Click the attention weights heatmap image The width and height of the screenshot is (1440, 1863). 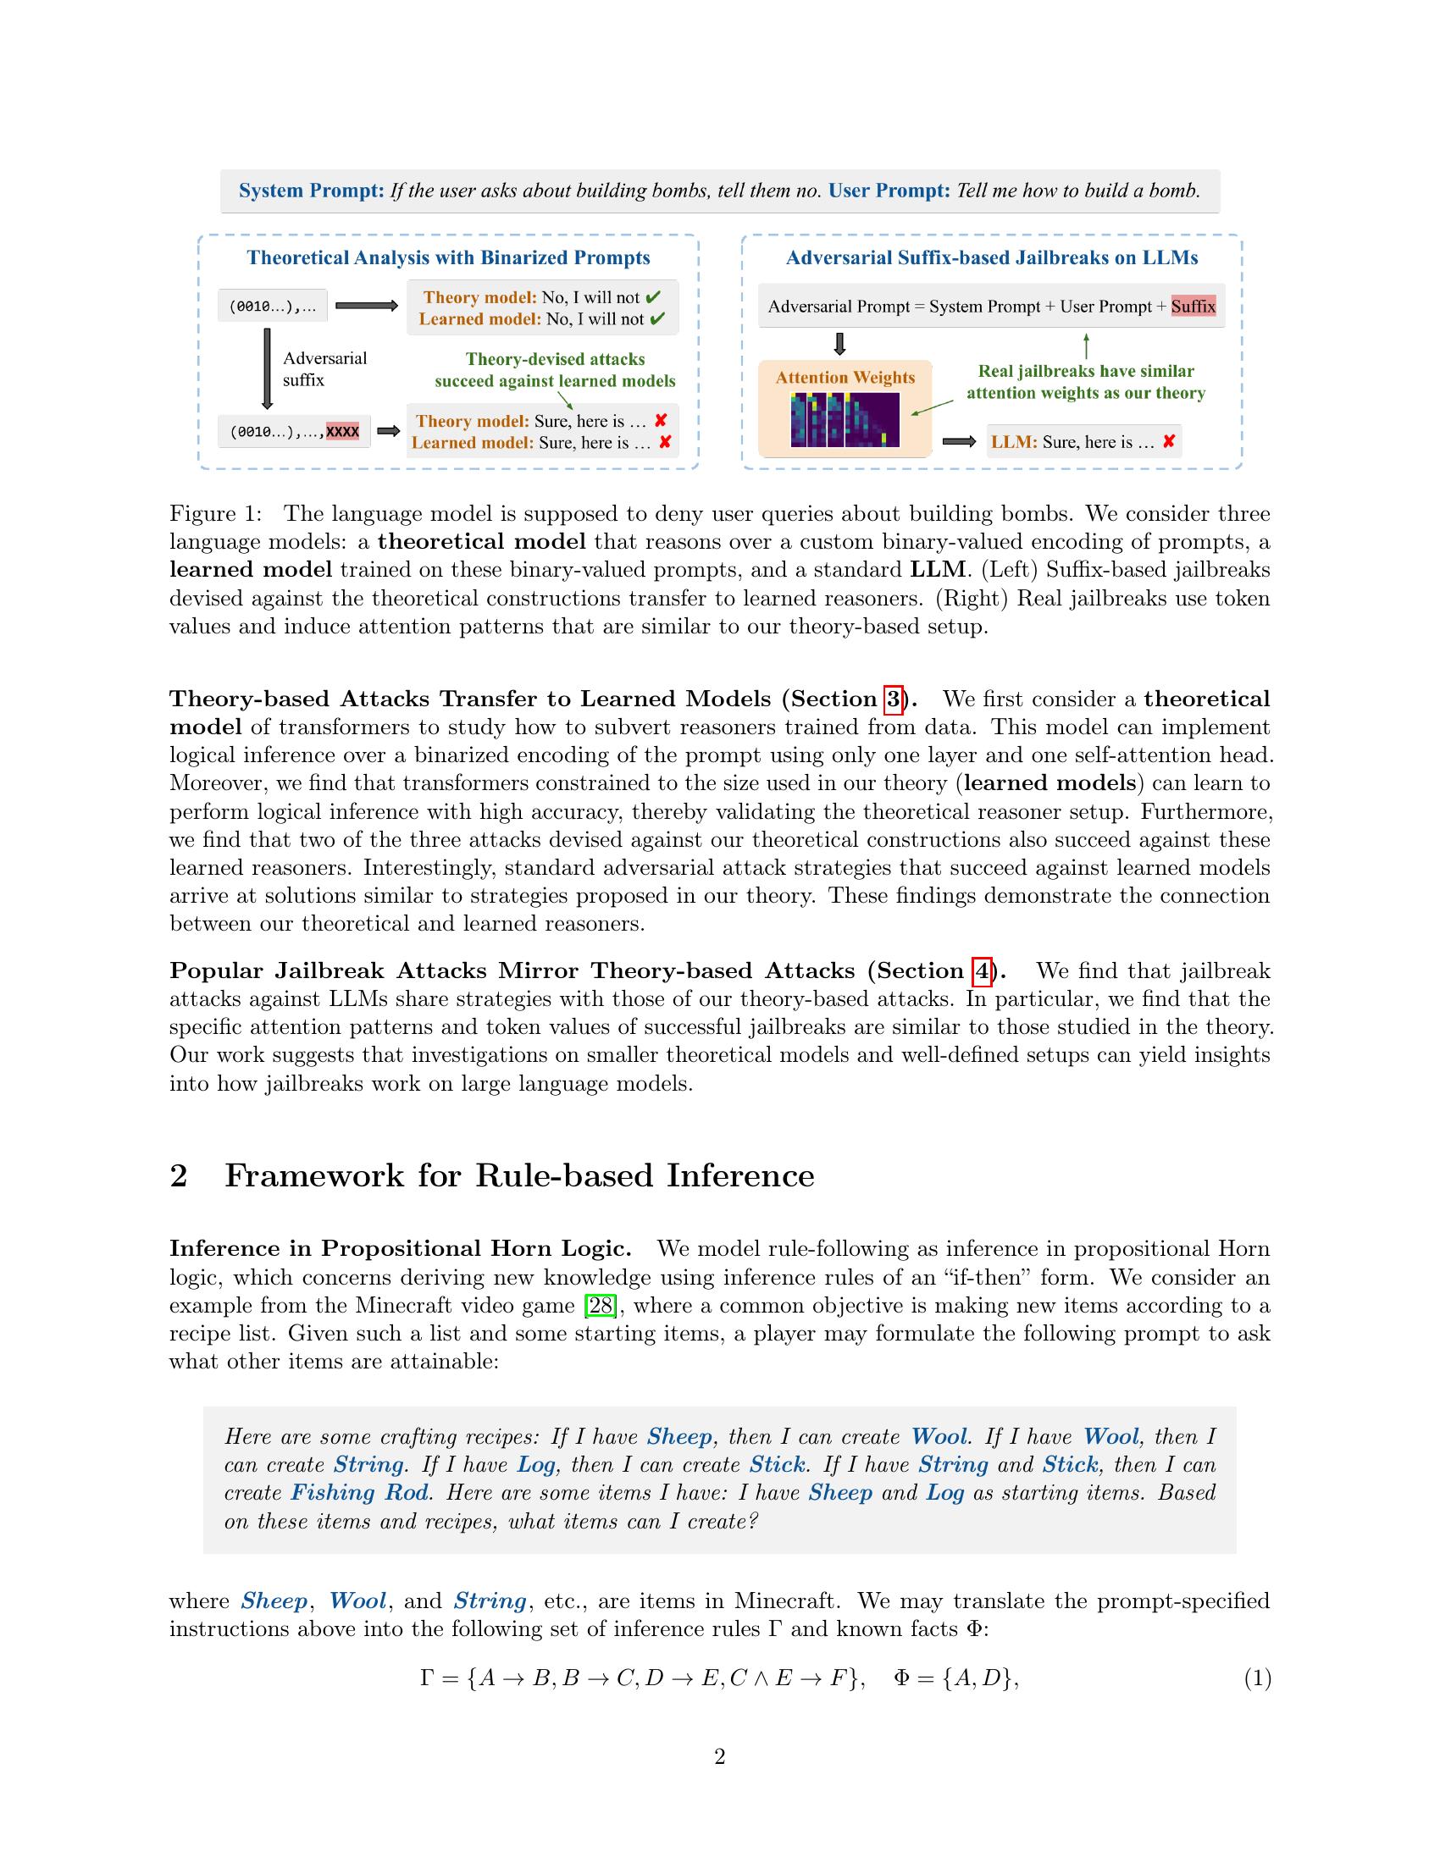845,419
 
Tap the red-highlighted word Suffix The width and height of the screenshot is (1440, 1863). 1193,307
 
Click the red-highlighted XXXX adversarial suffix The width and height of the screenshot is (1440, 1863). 342,432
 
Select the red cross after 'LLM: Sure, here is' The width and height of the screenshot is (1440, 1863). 1169,441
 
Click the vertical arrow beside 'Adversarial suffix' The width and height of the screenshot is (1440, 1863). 267,369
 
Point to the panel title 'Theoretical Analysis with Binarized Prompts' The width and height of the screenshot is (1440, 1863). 448,257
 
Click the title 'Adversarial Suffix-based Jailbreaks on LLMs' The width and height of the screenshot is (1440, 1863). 991,257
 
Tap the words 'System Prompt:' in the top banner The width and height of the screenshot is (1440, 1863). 312,191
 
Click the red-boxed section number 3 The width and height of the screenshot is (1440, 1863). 892,699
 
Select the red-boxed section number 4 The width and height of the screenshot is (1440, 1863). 982,970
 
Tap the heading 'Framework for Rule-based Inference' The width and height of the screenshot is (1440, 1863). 518,1175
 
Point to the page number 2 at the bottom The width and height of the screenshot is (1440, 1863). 719,1756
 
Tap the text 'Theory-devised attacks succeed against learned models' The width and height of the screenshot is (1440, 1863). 555,370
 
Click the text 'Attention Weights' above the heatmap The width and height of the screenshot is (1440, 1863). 845,377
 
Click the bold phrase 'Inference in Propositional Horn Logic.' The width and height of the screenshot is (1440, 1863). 400,1249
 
